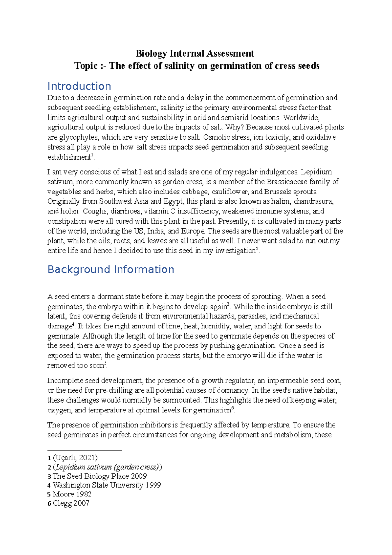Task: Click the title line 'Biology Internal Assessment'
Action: click(x=195, y=53)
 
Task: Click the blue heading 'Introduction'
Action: click(x=79, y=86)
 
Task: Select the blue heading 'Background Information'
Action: click(x=111, y=269)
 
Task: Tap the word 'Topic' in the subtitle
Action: click(x=86, y=66)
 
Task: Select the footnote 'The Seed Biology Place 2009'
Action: click(x=99, y=476)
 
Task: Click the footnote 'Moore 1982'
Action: click(x=72, y=494)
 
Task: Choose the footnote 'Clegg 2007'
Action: click(x=71, y=503)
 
